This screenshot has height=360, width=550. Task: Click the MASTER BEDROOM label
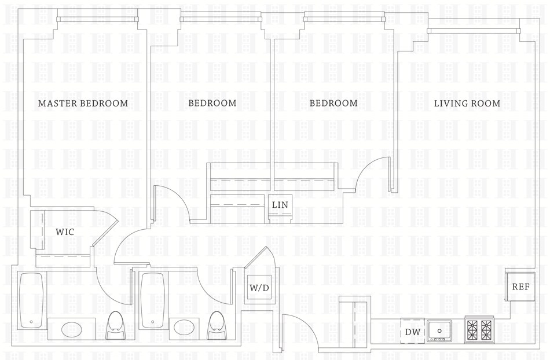(83, 104)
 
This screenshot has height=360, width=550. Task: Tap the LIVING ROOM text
(467, 104)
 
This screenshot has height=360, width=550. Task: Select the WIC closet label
(65, 232)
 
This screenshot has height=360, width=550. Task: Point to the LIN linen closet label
(280, 205)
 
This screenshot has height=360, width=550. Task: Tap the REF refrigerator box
(519, 286)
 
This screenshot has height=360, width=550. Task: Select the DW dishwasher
(412, 332)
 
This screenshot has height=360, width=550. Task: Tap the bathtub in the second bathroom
(152, 300)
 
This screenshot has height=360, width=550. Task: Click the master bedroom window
(98, 19)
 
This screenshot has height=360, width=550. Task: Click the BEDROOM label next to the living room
(333, 104)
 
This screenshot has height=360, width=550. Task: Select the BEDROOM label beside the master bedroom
(212, 104)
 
